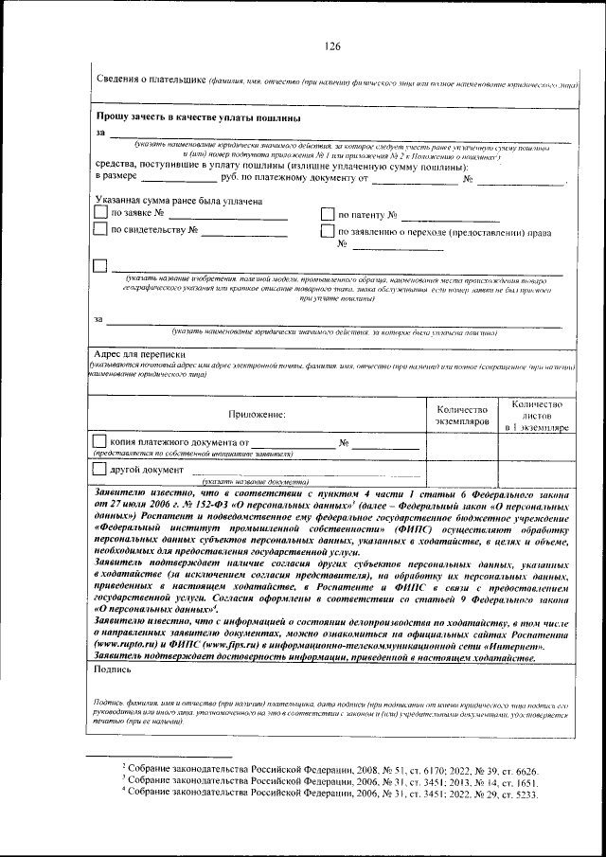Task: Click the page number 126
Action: [331, 47]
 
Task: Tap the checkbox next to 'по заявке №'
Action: [100, 213]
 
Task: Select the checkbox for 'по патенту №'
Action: [328, 214]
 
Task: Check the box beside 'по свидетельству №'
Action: [100, 229]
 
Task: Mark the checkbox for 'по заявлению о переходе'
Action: [328, 230]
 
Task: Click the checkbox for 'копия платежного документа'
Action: [99, 441]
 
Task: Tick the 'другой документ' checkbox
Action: [99, 469]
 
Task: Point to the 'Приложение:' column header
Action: [257, 413]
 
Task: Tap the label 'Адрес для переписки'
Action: [139, 353]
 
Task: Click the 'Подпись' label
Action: [115, 668]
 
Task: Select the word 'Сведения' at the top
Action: [121, 81]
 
